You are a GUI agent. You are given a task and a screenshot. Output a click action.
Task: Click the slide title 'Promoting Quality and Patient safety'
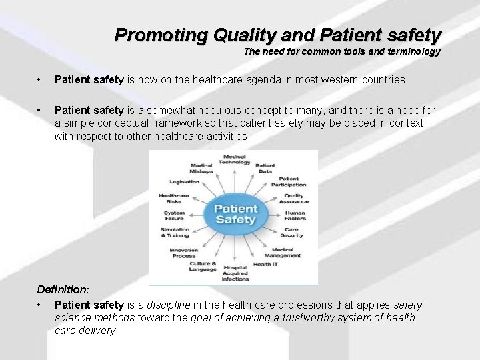click(x=278, y=35)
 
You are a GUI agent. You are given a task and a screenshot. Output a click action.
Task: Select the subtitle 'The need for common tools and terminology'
click(x=342, y=51)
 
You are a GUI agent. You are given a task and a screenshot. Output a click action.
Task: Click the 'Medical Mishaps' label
click(x=201, y=168)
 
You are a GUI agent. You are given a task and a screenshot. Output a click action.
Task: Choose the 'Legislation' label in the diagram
click(x=184, y=181)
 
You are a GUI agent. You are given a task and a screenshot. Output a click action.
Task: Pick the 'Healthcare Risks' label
click(x=174, y=198)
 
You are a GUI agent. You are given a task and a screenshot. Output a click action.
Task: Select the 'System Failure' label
click(x=174, y=215)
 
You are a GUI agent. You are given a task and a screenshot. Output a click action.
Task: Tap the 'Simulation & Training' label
click(x=175, y=233)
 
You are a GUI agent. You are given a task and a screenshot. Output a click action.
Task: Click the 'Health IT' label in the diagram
click(x=265, y=265)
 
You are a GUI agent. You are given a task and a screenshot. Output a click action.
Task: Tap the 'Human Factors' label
click(x=294, y=215)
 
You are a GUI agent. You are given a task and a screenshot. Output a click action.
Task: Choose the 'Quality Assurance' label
click(x=294, y=198)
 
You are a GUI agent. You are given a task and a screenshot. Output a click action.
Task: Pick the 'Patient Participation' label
click(x=293, y=181)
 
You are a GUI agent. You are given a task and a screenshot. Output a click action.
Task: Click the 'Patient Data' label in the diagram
click(x=265, y=168)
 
